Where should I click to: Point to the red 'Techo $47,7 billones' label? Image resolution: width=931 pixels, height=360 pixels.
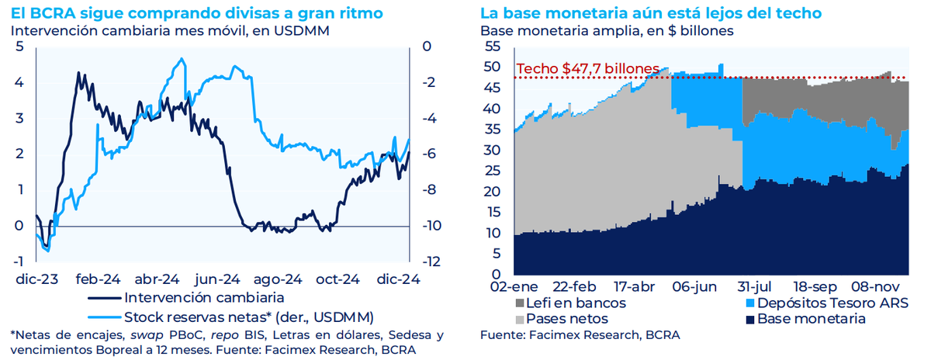pyautogui.click(x=588, y=68)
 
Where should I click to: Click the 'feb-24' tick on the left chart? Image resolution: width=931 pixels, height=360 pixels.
pyautogui.click(x=98, y=279)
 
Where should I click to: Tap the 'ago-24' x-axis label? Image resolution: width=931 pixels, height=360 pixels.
pyautogui.click(x=278, y=279)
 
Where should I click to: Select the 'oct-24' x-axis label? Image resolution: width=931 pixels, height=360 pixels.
pyautogui.click(x=337, y=279)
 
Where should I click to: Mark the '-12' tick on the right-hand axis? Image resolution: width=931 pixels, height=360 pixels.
pyautogui.click(x=431, y=261)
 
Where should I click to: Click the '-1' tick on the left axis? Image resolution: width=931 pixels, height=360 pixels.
pyautogui.click(x=19, y=261)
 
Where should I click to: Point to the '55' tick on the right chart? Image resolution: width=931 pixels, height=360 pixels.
pyautogui.click(x=493, y=46)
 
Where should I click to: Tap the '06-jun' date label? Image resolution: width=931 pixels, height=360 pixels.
pyautogui.click(x=695, y=287)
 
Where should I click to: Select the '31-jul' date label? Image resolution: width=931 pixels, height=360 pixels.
pyautogui.click(x=754, y=287)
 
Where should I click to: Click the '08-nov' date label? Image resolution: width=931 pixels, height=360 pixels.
pyautogui.click(x=875, y=287)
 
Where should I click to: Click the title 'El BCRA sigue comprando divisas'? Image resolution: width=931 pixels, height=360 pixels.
pyautogui.click(x=153, y=14)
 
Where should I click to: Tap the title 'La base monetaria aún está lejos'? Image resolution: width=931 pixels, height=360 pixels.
pyautogui.click(x=628, y=14)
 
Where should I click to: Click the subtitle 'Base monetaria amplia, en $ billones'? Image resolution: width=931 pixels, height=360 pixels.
pyautogui.click(x=607, y=31)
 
